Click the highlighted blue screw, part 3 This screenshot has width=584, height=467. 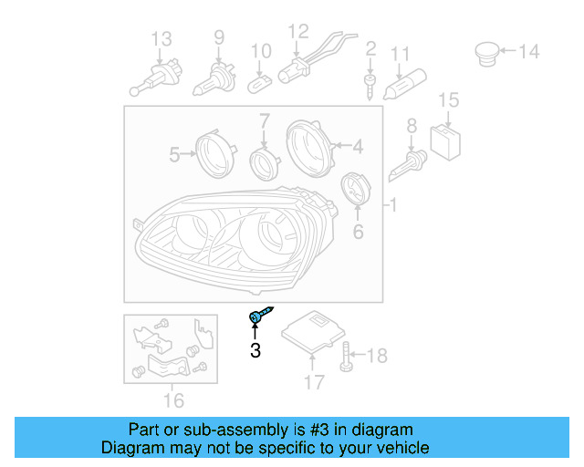[x=257, y=317]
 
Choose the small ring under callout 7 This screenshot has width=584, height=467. [x=264, y=163]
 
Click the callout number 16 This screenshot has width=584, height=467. [x=172, y=400]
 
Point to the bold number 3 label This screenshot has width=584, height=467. [x=255, y=350]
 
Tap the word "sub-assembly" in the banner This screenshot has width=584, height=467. [x=216, y=430]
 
